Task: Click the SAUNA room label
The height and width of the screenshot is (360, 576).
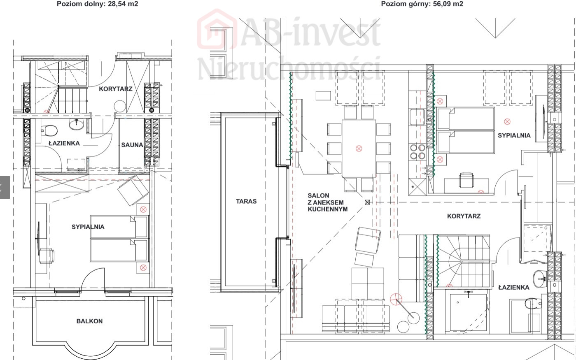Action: coord(132,145)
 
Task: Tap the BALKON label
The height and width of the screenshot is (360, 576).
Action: coord(89,321)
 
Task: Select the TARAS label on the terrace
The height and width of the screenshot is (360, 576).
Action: coord(246,201)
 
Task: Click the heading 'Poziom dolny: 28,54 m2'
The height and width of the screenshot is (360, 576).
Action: coord(98,4)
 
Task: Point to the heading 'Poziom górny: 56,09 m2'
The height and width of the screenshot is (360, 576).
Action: coord(422,4)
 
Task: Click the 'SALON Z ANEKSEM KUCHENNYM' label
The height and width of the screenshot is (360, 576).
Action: coord(328,202)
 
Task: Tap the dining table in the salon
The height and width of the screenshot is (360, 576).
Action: coord(359,148)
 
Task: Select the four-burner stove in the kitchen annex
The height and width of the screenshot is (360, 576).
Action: coord(417,152)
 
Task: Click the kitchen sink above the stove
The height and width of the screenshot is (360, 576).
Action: coord(417,117)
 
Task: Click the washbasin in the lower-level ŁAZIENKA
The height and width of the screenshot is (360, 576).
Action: coord(76,124)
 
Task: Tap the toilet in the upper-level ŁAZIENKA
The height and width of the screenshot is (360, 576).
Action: coord(532,304)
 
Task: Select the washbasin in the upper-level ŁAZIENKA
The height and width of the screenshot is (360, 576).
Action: coord(539,279)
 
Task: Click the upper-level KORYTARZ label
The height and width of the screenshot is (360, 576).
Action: coord(464,216)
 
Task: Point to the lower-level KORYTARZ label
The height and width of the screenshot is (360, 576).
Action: coord(116,89)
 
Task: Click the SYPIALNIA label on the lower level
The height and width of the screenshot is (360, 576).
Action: coord(88,227)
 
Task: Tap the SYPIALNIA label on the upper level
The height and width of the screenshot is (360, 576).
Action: coord(514,135)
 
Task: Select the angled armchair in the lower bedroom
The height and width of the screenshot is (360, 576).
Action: coord(133,190)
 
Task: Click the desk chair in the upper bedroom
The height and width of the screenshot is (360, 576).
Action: coord(466,180)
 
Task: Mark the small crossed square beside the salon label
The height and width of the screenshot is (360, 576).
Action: coord(367,202)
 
